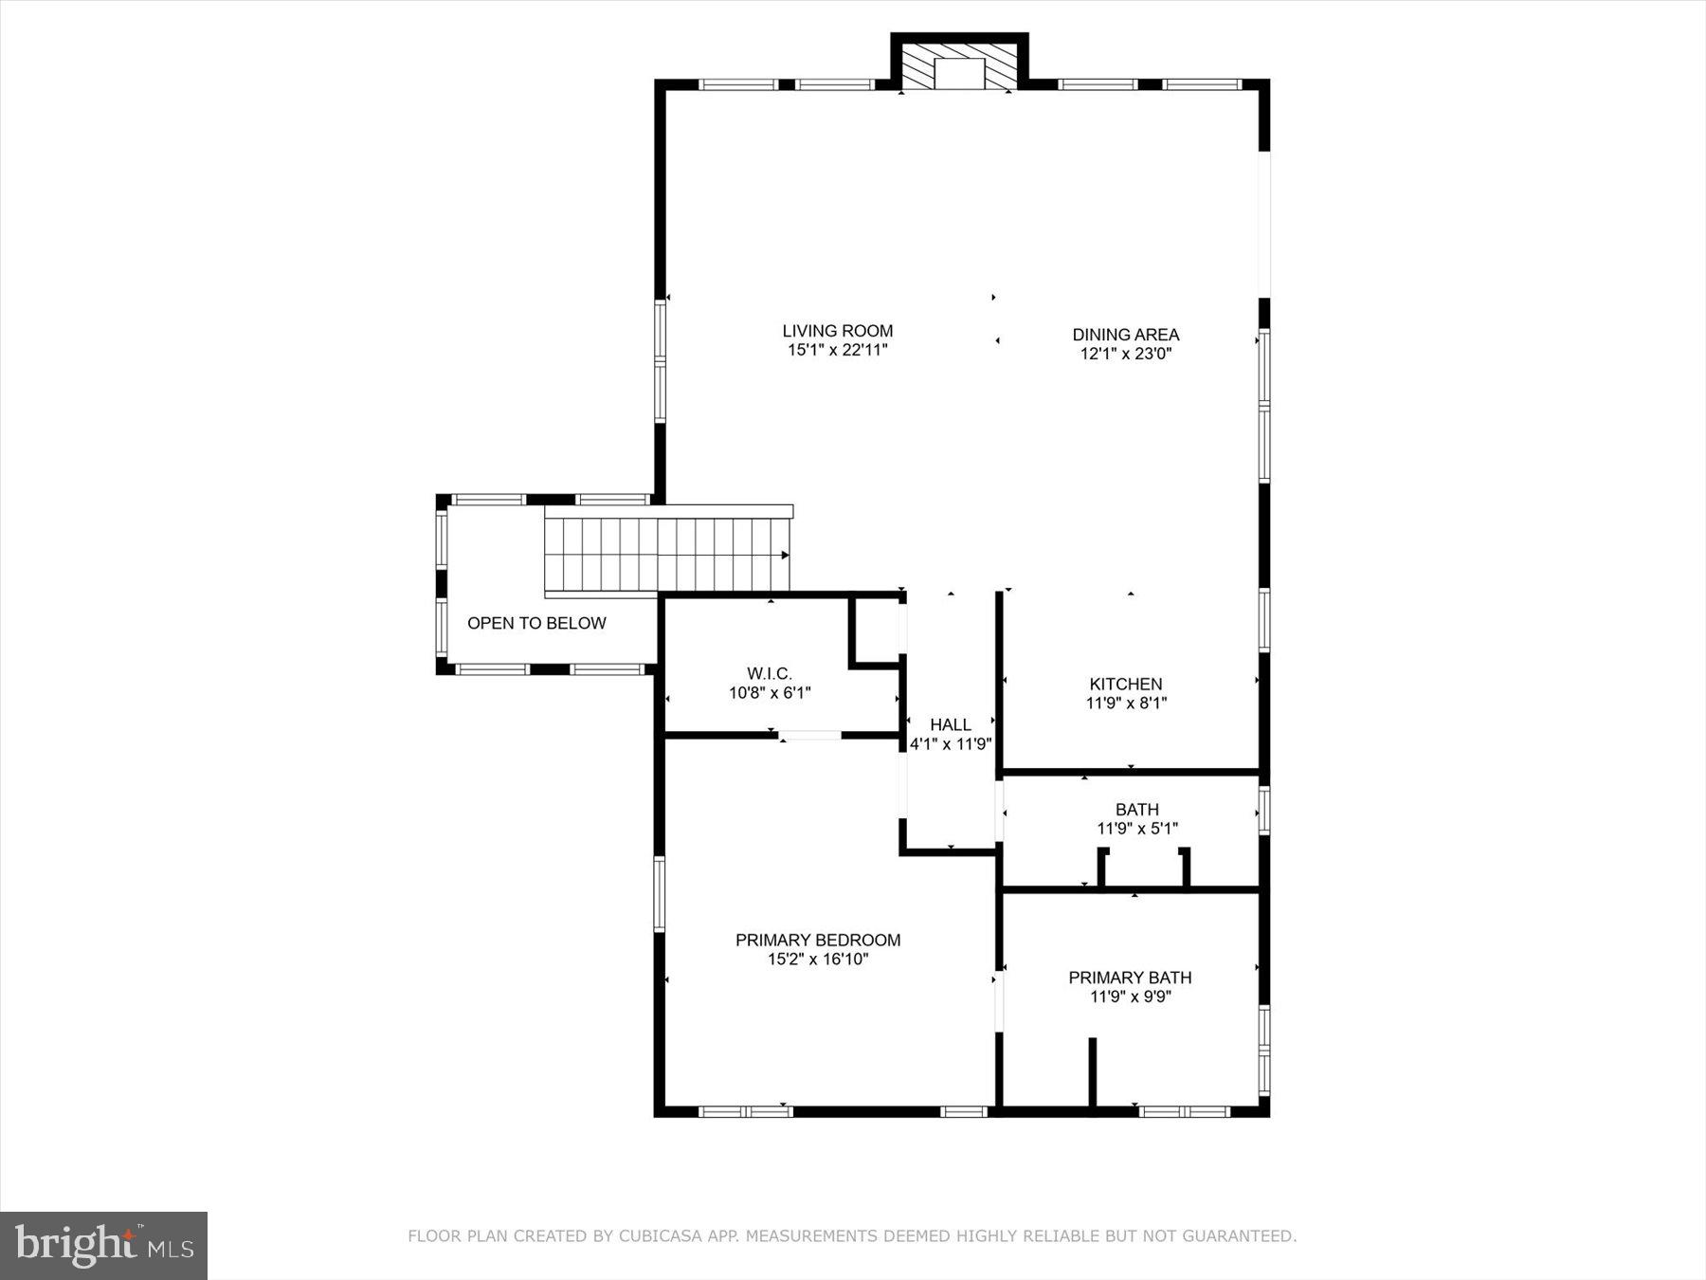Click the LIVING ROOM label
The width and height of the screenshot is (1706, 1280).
[837, 331]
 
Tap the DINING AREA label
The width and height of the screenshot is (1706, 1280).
[1125, 335]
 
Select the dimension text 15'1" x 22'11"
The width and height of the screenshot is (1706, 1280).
[837, 350]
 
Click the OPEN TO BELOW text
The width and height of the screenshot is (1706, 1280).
[536, 623]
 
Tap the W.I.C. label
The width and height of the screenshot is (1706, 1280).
[769, 674]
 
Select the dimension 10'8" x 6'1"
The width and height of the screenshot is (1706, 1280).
[769, 693]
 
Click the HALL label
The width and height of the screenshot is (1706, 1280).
[950, 725]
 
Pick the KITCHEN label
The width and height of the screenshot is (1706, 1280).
[1125, 684]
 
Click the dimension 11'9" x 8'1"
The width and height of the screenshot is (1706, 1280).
[1125, 703]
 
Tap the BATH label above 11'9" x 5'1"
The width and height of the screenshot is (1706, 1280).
[1136, 810]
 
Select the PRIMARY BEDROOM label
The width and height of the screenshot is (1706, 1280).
[817, 940]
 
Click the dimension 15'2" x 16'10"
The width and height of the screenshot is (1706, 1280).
[817, 959]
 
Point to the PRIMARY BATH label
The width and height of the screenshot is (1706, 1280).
[1130, 978]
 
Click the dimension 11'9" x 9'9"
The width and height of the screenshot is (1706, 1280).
[1130, 997]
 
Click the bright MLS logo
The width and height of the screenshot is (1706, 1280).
[103, 1245]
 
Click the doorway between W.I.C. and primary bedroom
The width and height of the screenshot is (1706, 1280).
[809, 735]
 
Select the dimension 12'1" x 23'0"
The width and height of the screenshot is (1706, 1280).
[1125, 354]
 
